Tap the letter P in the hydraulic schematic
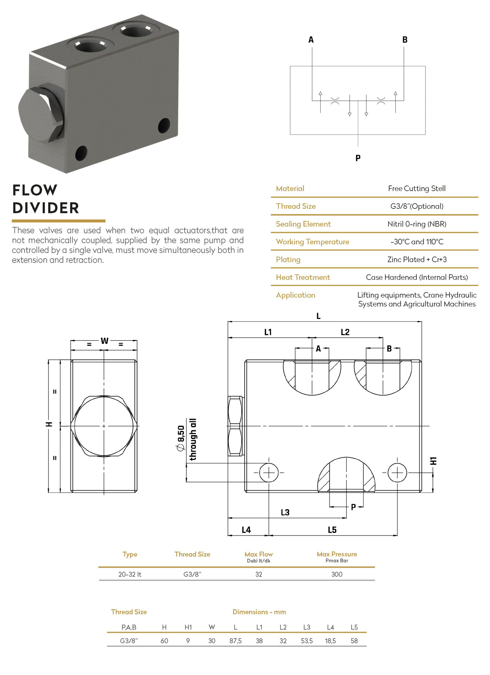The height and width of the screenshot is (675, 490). [358, 158]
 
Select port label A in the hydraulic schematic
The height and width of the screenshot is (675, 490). [311, 40]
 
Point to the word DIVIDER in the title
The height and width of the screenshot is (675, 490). [46, 208]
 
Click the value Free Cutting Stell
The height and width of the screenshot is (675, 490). [416, 188]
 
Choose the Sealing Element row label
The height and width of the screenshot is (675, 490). [303, 224]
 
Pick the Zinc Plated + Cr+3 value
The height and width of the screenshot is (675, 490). [417, 259]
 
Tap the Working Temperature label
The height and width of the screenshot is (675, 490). [312, 242]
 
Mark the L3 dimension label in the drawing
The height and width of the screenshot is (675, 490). [285, 513]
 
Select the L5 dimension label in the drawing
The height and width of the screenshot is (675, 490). [332, 530]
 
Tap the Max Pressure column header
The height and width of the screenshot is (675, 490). [337, 554]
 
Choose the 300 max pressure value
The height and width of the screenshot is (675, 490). [337, 574]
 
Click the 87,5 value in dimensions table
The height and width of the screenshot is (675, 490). [235, 641]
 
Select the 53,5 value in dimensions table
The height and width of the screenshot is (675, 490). [307, 641]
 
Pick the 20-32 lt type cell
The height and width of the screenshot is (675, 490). [130, 574]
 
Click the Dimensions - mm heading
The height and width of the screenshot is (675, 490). [259, 612]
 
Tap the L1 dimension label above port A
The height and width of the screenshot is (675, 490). [268, 332]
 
